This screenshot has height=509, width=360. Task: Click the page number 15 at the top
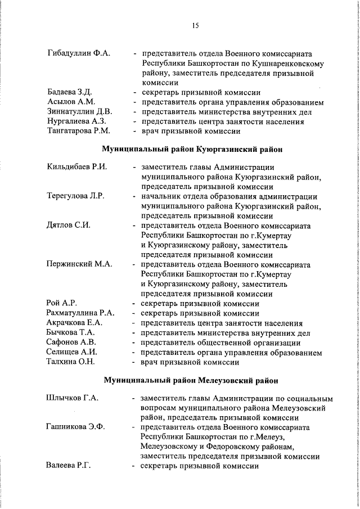(x=195, y=25)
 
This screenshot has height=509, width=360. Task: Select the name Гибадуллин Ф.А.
(x=78, y=53)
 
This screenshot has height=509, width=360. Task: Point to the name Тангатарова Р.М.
(x=79, y=130)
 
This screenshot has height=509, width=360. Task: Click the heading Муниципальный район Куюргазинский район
(x=191, y=149)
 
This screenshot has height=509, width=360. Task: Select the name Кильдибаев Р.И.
(x=76, y=166)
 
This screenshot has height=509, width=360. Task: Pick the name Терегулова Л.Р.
(x=76, y=196)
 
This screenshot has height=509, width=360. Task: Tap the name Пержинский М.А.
(x=79, y=264)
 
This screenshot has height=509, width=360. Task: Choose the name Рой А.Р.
(x=62, y=303)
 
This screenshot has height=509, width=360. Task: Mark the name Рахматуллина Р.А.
(x=81, y=313)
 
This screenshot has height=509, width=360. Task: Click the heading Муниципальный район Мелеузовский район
(x=191, y=380)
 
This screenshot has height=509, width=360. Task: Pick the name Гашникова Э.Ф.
(x=75, y=427)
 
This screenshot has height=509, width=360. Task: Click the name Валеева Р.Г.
(x=69, y=466)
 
